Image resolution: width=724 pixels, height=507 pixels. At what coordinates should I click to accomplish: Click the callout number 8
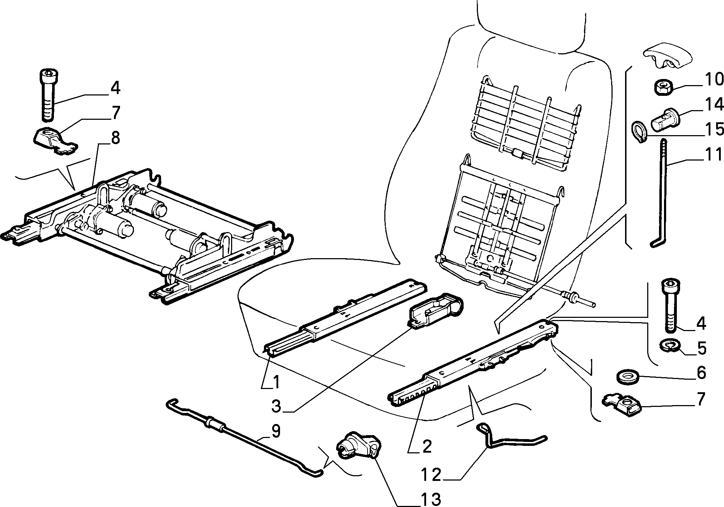(115, 138)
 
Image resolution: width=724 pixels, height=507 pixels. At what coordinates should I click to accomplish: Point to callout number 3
(278, 407)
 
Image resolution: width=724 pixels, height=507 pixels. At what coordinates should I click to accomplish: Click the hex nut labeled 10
(664, 87)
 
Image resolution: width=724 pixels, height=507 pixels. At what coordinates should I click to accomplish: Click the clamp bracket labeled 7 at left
(56, 141)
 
